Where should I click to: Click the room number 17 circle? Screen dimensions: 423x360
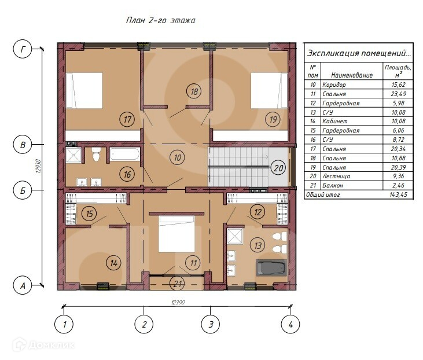click(127, 119)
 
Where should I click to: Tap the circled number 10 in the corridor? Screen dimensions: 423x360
click(178, 157)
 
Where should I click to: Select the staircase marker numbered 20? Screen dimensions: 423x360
click(278, 168)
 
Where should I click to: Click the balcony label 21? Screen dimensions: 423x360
click(178, 284)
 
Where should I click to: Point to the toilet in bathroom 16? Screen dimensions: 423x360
click(96, 154)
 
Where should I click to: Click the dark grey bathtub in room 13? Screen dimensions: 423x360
click(271, 267)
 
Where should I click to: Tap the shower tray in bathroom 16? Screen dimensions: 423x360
click(73, 155)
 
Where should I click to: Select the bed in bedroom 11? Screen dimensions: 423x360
click(176, 234)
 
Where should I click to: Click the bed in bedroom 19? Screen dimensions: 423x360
click(269, 90)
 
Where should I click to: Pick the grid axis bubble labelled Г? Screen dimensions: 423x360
click(23, 49)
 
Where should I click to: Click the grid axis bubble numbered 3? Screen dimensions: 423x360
click(211, 324)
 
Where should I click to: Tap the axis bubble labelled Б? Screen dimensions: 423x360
click(23, 190)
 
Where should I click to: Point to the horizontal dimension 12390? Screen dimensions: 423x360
click(178, 303)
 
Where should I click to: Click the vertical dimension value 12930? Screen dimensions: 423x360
click(38, 166)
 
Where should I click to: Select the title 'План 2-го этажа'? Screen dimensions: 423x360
click(160, 20)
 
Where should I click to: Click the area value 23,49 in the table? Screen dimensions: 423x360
click(398, 94)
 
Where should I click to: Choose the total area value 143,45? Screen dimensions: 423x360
click(398, 194)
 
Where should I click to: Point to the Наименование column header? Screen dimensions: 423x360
click(352, 75)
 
